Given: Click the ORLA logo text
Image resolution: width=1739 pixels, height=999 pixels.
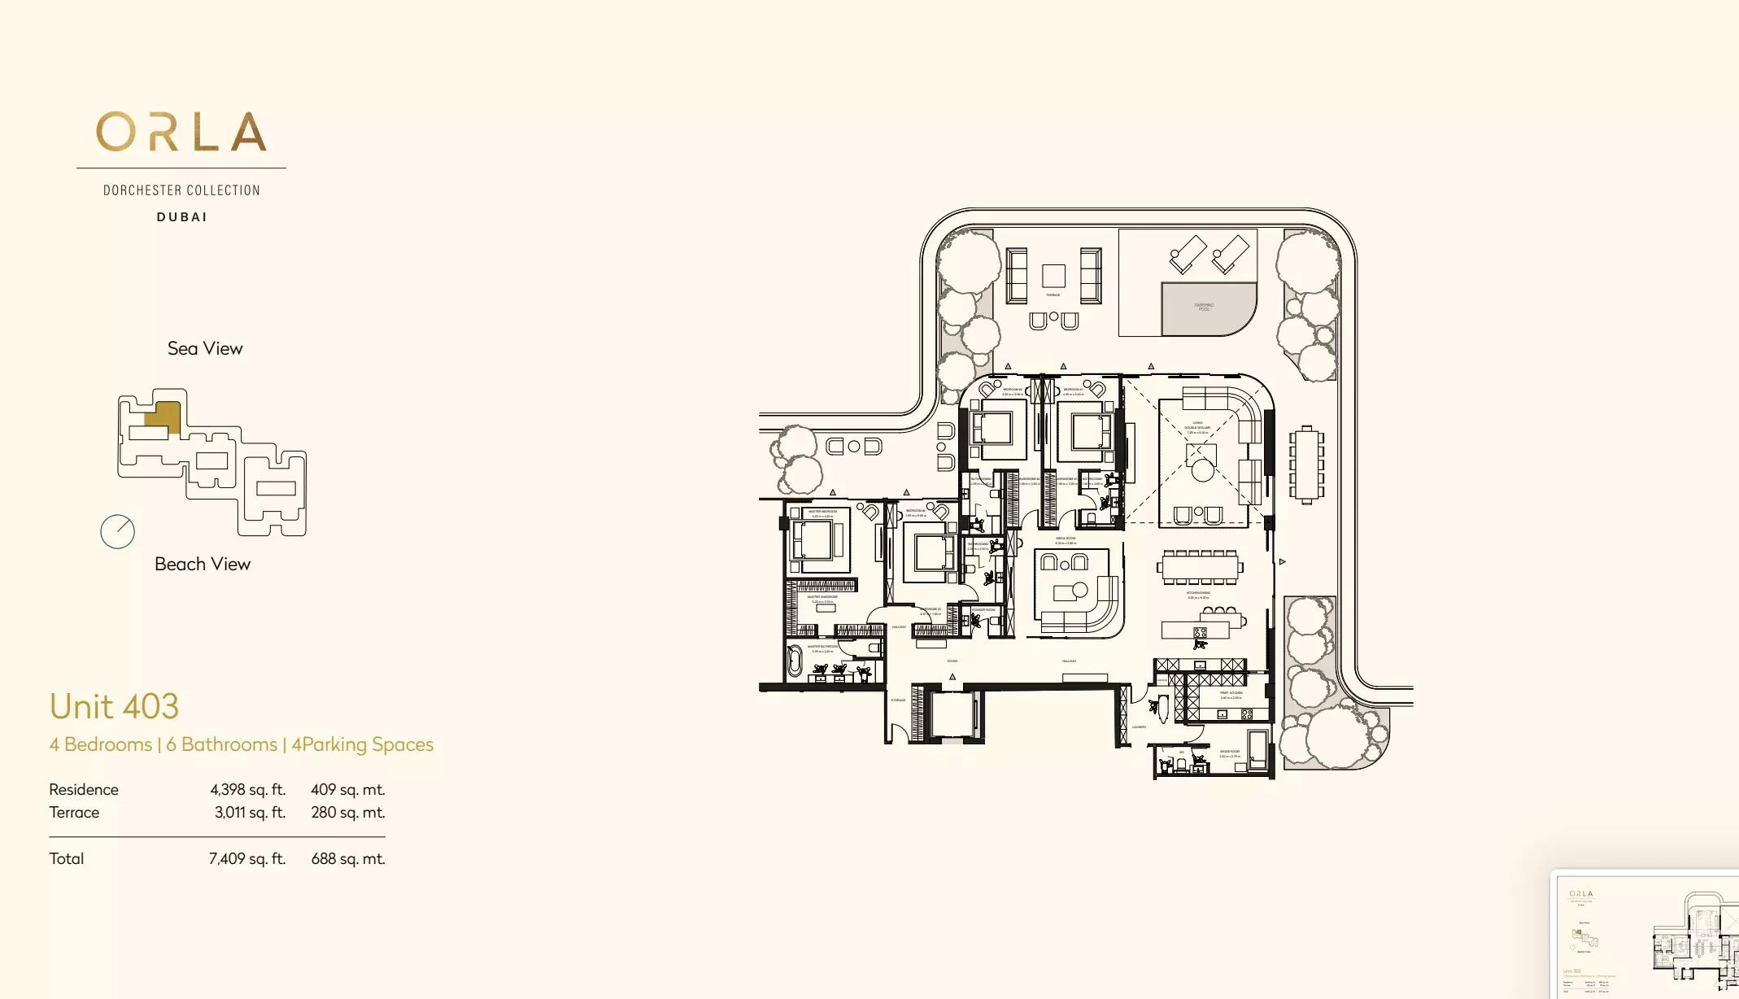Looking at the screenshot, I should (181, 133).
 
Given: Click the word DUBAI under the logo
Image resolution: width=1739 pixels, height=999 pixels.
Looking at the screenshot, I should (182, 217).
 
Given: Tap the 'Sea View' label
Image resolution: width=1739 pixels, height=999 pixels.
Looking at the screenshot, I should (205, 348).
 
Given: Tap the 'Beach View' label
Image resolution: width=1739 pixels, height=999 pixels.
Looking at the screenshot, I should (203, 564).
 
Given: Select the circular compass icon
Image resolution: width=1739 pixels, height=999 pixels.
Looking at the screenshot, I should (117, 532).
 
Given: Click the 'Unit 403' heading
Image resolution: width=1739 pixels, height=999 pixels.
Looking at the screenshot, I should (114, 706).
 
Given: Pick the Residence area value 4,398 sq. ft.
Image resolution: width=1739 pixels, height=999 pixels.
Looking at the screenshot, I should (247, 789).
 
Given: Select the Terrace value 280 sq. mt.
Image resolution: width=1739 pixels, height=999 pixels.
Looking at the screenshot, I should (347, 812).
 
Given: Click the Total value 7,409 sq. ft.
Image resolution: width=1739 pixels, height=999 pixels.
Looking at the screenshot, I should (247, 858).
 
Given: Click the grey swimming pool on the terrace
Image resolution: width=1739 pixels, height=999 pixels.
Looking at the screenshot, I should (1205, 308).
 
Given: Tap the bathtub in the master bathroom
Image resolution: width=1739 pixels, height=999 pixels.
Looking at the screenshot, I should (795, 661).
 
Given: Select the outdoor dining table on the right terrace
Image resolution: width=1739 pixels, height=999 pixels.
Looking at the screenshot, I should (1305, 465).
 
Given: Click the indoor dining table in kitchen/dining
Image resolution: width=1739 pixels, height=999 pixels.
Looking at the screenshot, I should (1201, 567).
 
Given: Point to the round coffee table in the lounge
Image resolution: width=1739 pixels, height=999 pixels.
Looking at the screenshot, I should (1202, 469).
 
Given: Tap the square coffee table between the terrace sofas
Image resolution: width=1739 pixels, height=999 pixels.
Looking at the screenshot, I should (1053, 276).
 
